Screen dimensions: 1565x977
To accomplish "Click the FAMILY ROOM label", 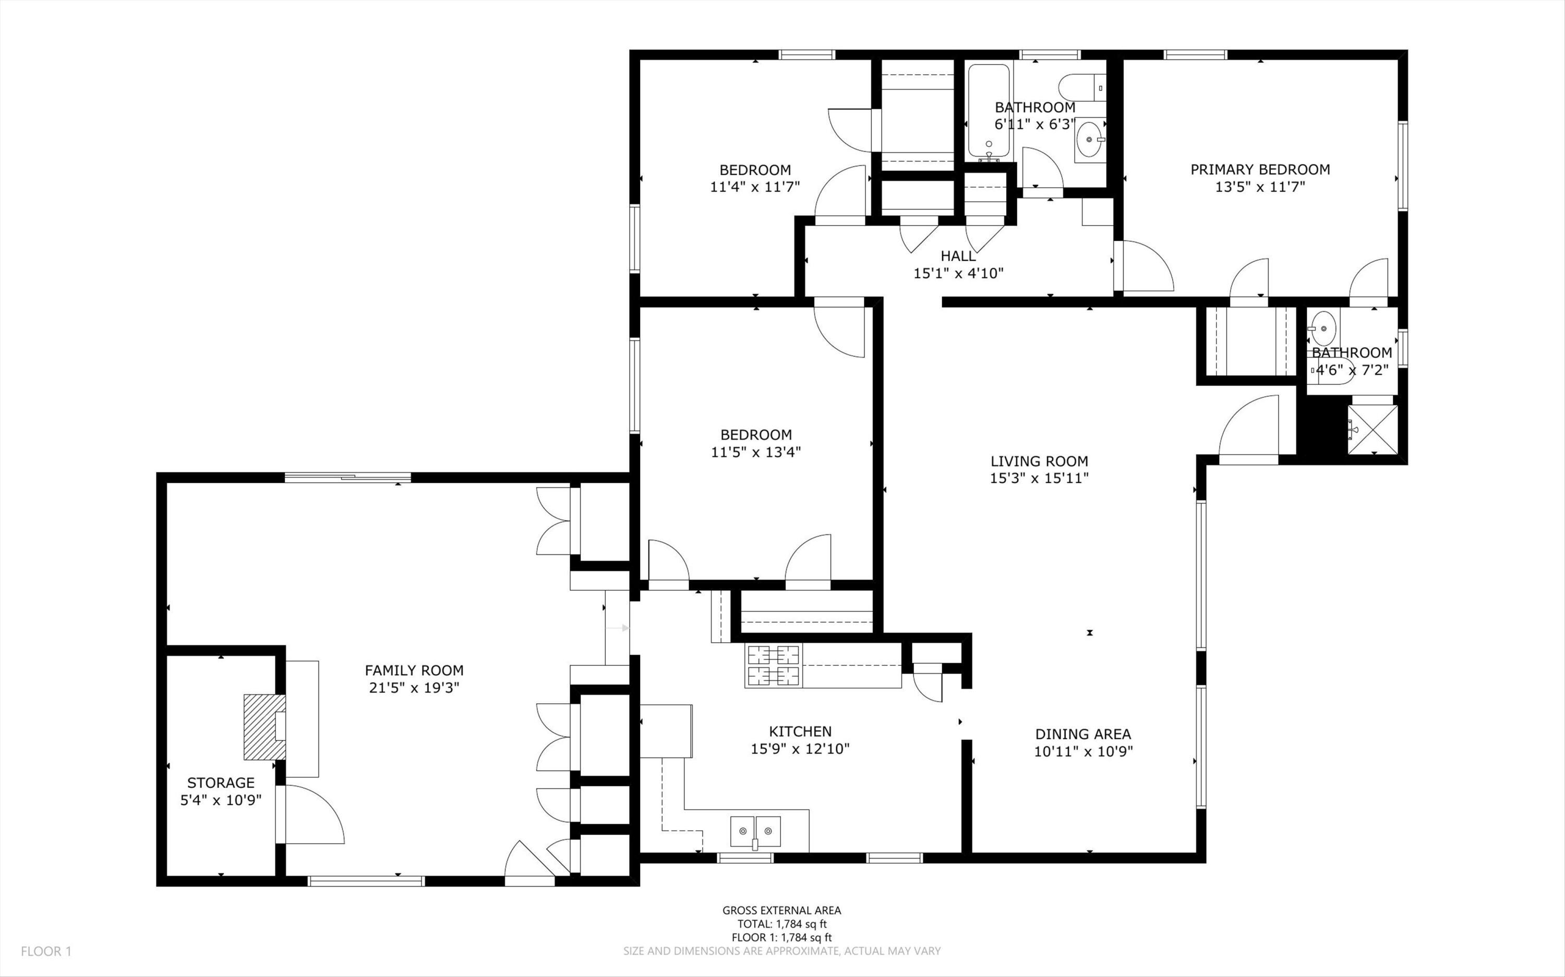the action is (x=414, y=671).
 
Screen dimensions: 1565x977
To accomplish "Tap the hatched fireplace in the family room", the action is (x=264, y=727).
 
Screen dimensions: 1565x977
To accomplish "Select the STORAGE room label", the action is (x=221, y=783).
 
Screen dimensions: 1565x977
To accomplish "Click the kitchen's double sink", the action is (x=755, y=831).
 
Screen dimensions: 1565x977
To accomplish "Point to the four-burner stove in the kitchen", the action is (x=773, y=666).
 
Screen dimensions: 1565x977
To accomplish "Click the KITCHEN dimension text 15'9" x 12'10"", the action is (x=800, y=749).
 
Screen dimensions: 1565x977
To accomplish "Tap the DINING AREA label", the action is (x=1083, y=734).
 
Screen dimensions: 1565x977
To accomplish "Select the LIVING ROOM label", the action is (x=1040, y=461).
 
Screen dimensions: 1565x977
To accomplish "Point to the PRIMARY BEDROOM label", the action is (x=1260, y=169).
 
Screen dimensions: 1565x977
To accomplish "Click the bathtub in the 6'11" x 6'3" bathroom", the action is (x=989, y=111).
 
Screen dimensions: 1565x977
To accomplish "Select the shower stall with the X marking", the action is (x=1373, y=430).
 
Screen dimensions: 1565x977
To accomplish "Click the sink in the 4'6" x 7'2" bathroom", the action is (x=1322, y=328).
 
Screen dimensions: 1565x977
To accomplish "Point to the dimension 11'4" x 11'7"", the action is (x=755, y=187).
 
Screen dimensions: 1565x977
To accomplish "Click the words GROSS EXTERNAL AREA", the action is (x=781, y=910).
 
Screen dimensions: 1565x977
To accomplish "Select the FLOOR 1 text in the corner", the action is (x=46, y=951).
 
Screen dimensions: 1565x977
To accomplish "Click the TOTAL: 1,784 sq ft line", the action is (x=781, y=924).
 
